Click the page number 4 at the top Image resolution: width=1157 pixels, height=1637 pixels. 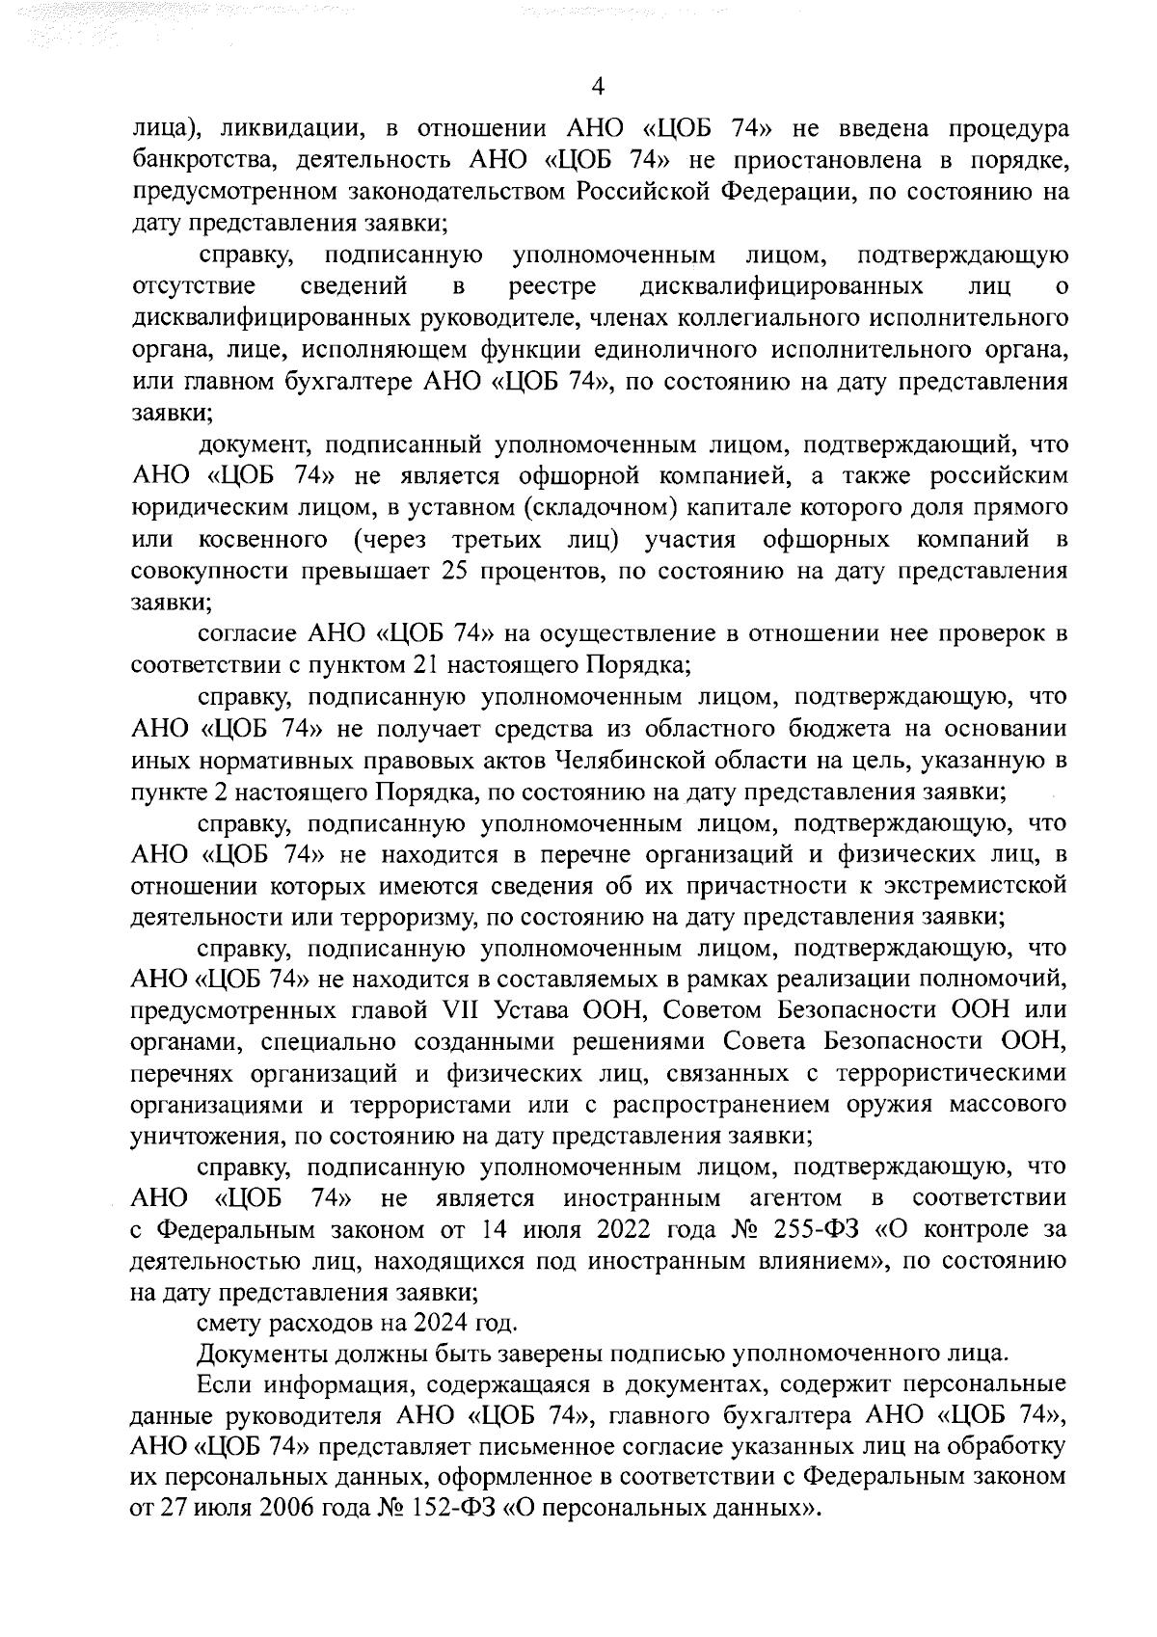598,88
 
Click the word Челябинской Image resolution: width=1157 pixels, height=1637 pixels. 638,760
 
